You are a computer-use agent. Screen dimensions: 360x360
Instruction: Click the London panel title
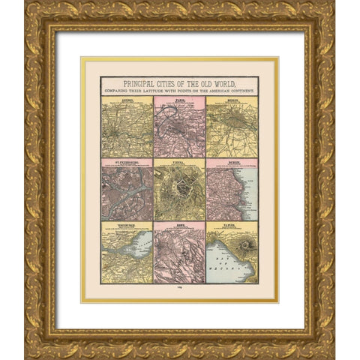pos(127,98)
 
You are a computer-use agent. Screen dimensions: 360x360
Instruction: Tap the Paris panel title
pos(179,98)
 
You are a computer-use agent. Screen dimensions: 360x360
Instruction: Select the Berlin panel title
pos(232,98)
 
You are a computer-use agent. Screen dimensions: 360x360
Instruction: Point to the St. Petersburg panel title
pos(127,160)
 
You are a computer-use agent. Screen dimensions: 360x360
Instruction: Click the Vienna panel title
pos(179,160)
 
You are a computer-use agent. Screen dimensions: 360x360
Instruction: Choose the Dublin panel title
pos(232,160)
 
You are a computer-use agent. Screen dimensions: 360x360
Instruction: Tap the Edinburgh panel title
pos(127,223)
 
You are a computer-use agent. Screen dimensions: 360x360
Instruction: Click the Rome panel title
pos(179,223)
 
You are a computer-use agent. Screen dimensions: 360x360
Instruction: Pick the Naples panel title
pos(232,223)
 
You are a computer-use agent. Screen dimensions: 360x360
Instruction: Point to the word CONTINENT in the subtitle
pos(239,90)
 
